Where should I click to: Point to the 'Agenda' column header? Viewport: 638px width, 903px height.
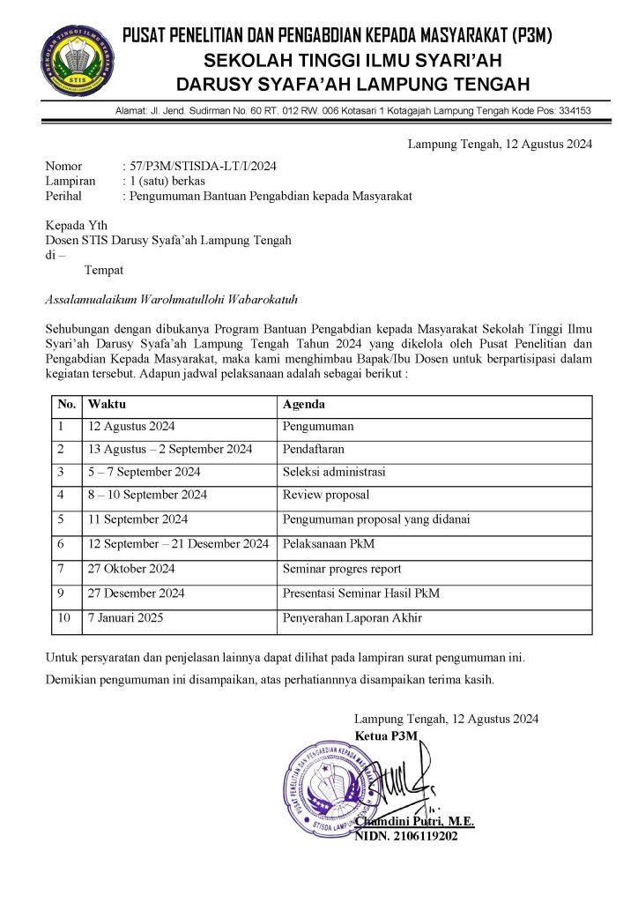point(304,405)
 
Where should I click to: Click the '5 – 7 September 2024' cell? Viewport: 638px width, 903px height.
point(145,472)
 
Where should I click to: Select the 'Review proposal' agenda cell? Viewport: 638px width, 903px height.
point(326,495)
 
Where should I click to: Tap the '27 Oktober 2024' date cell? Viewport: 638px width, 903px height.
point(131,569)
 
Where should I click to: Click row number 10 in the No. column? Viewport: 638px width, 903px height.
point(64,618)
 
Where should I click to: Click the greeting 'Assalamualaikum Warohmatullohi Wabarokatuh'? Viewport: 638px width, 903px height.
point(156,299)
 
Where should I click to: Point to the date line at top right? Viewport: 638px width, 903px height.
point(500,144)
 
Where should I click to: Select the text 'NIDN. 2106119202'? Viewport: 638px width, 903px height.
point(406,836)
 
